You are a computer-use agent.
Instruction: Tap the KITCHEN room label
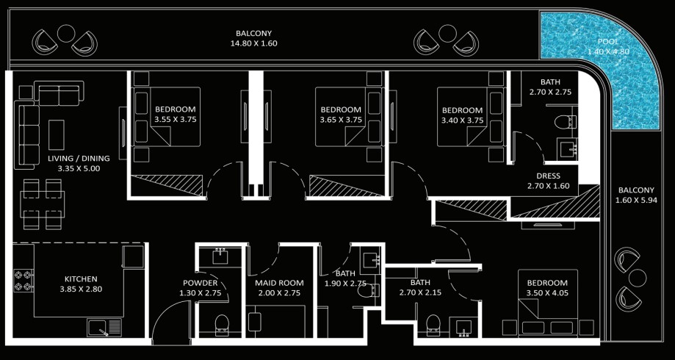click(81, 279)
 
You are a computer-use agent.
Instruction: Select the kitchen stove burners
click(24, 281)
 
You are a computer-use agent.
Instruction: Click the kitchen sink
click(104, 328)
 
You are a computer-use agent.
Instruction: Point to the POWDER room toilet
click(222, 325)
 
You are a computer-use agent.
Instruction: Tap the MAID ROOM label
click(279, 283)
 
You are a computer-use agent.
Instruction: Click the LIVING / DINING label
click(79, 158)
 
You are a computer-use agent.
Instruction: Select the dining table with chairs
click(42, 204)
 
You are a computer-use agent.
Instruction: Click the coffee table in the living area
click(57, 134)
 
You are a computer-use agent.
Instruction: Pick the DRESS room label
click(549, 176)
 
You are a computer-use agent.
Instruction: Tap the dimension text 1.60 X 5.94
click(636, 201)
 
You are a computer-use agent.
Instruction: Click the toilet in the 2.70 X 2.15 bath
click(433, 325)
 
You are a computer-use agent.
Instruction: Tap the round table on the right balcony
click(638, 278)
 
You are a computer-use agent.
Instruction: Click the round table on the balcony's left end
click(66, 34)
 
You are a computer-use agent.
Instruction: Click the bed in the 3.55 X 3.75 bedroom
click(167, 117)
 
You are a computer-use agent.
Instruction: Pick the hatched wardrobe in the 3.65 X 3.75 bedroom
click(347, 186)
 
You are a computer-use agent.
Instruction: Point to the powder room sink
click(220, 257)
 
